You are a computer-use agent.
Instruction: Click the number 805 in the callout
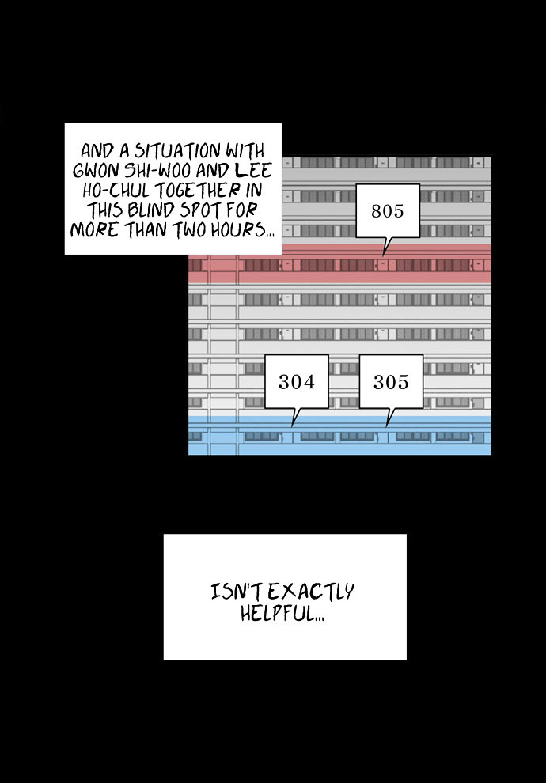387,211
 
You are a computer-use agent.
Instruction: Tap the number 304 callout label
297,383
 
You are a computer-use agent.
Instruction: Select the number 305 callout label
391,383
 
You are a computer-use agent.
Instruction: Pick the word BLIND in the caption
150,210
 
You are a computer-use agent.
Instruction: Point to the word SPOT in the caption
201,210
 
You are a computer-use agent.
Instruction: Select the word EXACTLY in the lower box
311,592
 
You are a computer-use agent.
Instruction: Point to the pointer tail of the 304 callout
294,425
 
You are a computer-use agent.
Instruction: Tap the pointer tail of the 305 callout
388,425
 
